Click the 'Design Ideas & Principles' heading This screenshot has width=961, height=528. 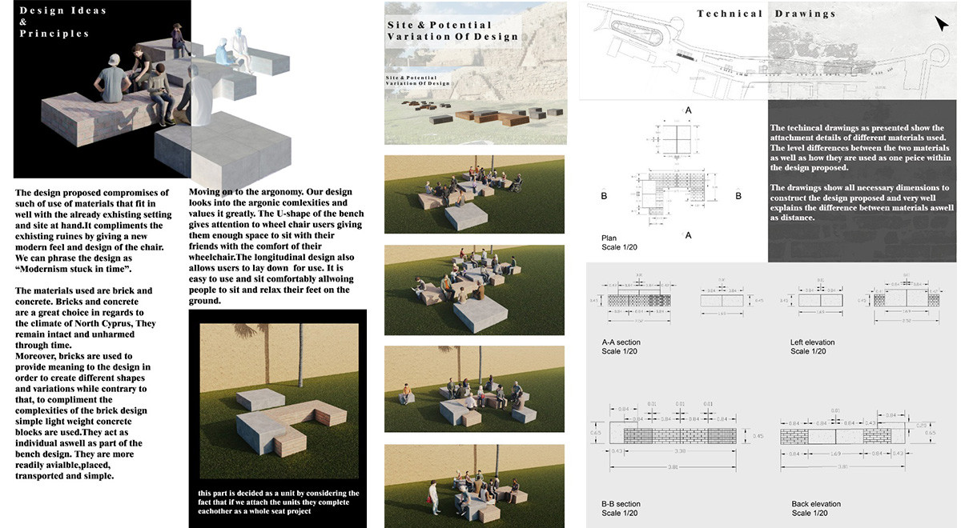point(54,22)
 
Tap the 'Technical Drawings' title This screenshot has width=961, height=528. point(766,14)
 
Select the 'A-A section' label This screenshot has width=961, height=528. point(621,342)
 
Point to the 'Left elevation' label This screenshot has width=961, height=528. point(812,342)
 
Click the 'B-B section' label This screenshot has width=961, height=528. point(621,504)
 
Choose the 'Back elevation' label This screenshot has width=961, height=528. point(816,504)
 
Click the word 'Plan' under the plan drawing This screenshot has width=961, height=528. point(609,238)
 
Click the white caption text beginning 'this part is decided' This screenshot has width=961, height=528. point(279,502)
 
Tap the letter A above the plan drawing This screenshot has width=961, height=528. point(688,110)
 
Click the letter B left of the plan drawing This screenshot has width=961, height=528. point(605,194)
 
